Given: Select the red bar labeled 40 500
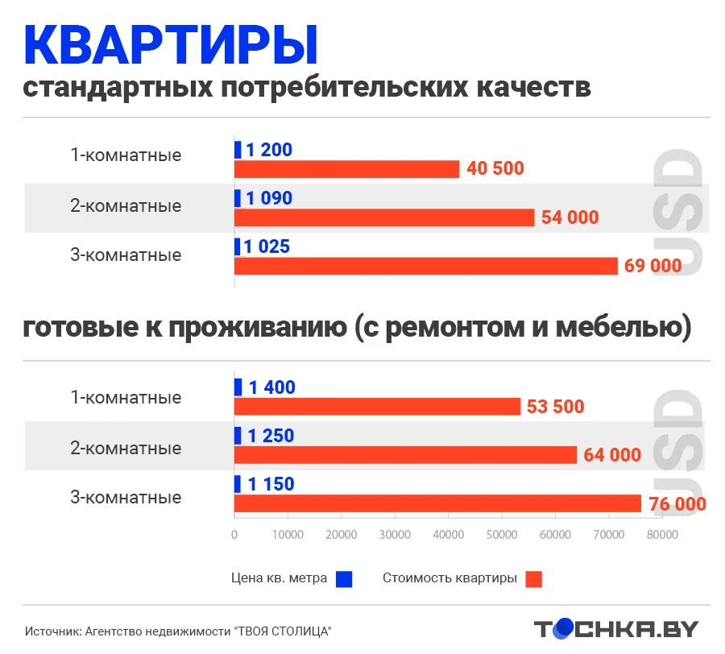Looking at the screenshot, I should point(346,169).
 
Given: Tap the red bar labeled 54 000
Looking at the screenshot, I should point(384,217).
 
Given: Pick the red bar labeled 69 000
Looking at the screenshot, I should point(425,266).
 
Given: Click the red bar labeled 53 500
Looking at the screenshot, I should point(377,407).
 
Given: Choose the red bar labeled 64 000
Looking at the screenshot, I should point(405,455).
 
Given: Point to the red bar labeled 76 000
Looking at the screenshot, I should point(437,503).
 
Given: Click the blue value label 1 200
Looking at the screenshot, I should point(269,150).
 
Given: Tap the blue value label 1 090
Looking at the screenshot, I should point(269,198).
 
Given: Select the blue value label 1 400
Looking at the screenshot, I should point(271,387).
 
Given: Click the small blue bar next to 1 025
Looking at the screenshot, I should point(238,246).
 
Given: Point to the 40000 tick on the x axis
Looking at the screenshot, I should point(448,534).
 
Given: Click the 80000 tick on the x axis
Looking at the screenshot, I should point(661,534).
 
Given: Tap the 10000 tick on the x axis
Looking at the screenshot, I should point(288,534).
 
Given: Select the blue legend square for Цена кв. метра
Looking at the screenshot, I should point(345,578).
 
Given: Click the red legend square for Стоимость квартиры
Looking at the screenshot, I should point(533,578).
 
